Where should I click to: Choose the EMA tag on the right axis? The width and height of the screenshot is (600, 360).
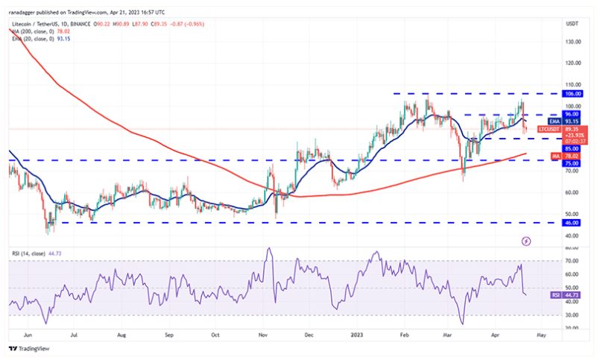[553, 121]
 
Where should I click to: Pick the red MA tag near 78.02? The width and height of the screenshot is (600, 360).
[553, 155]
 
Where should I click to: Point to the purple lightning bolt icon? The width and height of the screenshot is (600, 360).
[526, 241]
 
